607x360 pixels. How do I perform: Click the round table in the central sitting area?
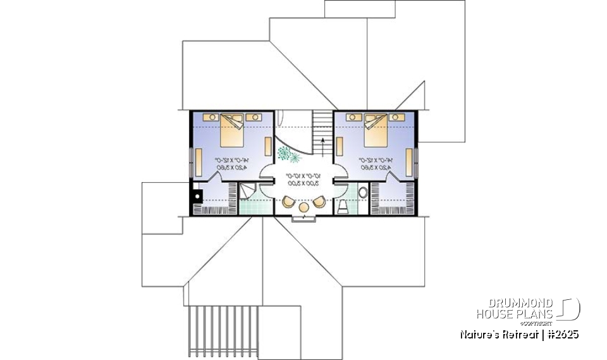tap(304, 207)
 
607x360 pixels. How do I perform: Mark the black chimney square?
tap(197, 197)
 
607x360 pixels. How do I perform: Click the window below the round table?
tap(305, 218)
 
